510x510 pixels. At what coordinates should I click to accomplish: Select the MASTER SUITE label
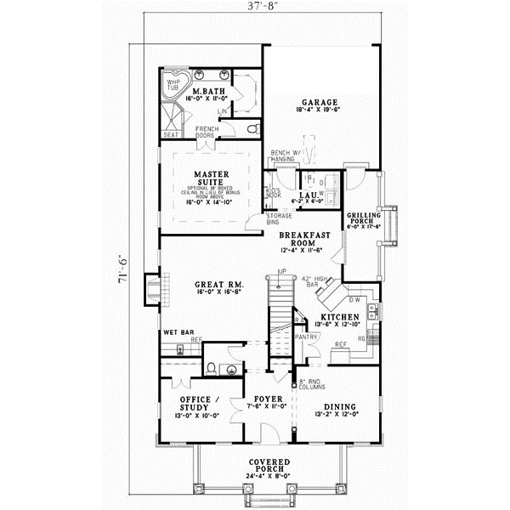pos(207,177)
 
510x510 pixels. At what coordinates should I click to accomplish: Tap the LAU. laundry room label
pos(308,196)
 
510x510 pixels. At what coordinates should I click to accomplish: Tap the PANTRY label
pos(308,336)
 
